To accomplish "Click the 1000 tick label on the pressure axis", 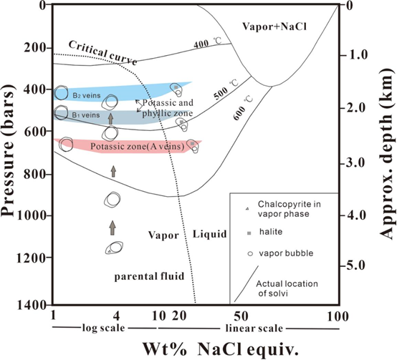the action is point(31,215).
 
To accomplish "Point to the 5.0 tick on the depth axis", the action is point(355,266).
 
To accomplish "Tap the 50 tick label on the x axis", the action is point(241,316).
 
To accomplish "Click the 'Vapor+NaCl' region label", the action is point(274,26).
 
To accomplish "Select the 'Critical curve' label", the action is point(102,52).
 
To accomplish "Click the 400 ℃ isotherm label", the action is point(208,43).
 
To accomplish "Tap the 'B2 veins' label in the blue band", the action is point(87,95).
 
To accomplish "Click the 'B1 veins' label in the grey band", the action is point(86,115).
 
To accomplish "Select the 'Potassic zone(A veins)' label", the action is point(137,147).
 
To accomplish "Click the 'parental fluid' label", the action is point(149,276).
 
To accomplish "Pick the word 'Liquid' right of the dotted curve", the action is point(210,234).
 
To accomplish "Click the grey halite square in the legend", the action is point(249,233).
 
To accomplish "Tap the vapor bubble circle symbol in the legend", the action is point(250,254).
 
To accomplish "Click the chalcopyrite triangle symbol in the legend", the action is point(247,208).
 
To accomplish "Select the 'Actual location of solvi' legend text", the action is point(287,288).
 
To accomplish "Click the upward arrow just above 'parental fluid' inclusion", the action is point(113,228).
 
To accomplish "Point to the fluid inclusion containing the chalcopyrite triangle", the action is point(114,248).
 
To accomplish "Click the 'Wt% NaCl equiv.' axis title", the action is point(221,349).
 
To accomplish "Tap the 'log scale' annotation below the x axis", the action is point(104,328).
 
